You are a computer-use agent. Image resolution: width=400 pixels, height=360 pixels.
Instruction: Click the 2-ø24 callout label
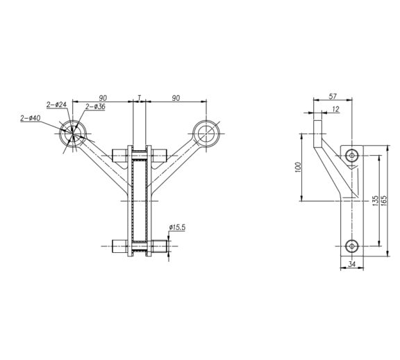pyautogui.click(x=56, y=104)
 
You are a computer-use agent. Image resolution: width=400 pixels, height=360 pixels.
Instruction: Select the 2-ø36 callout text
pyautogui.click(x=95, y=106)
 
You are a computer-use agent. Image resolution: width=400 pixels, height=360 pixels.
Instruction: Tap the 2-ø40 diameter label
pyautogui.click(x=31, y=118)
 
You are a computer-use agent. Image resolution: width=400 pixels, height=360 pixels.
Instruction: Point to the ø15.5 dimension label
pyautogui.click(x=177, y=227)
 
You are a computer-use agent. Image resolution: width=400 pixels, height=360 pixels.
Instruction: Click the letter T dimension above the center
pyautogui.click(x=140, y=98)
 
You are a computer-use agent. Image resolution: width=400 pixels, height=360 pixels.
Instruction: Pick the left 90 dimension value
pyautogui.click(x=103, y=98)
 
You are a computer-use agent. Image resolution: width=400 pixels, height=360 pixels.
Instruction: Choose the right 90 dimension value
pyautogui.click(x=176, y=98)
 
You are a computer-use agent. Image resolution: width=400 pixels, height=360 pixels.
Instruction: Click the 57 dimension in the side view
pyautogui.click(x=333, y=97)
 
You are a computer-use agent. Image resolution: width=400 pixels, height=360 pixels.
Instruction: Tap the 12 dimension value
pyautogui.click(x=336, y=109)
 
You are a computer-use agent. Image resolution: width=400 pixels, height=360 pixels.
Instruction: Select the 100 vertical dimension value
pyautogui.click(x=298, y=167)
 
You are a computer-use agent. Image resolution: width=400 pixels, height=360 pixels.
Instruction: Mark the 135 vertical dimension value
pyautogui.click(x=375, y=201)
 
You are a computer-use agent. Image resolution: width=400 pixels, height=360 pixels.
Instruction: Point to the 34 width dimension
pyautogui.click(x=352, y=264)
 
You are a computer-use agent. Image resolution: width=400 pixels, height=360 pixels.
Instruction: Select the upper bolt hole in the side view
pyautogui.click(x=352, y=155)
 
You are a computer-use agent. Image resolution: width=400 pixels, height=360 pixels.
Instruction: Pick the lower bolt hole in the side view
pyautogui.click(x=352, y=246)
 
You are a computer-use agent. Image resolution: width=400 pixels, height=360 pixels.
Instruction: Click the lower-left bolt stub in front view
pyautogui.click(x=120, y=247)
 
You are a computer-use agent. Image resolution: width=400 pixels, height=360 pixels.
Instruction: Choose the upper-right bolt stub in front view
pyautogui.click(x=159, y=156)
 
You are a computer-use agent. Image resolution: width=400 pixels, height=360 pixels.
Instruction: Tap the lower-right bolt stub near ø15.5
pyautogui.click(x=159, y=247)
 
